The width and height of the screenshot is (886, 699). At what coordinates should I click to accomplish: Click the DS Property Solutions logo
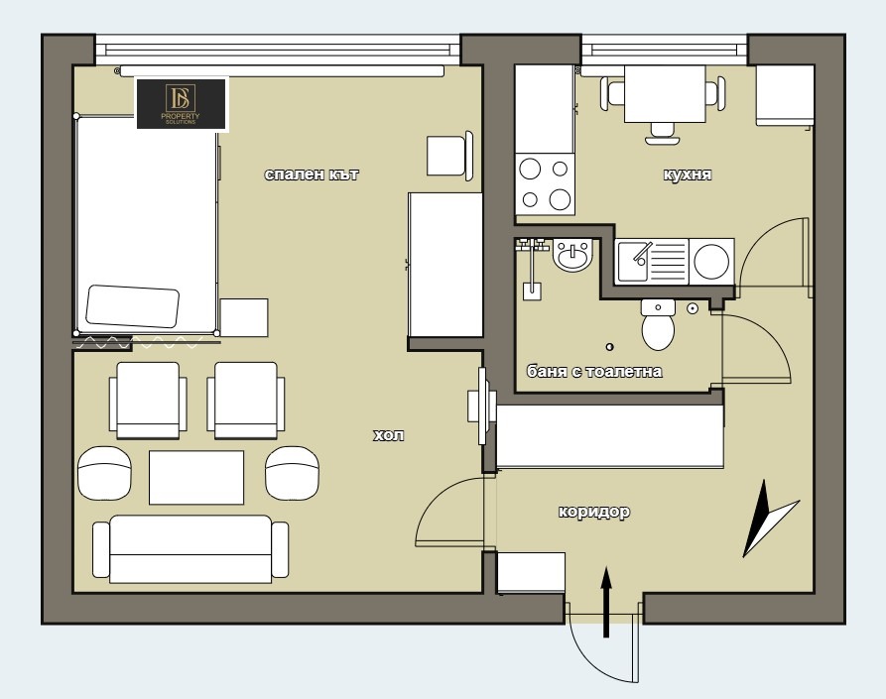click(182, 104)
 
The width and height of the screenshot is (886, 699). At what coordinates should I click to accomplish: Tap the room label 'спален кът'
click(312, 174)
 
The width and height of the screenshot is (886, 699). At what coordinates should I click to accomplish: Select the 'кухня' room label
click(688, 174)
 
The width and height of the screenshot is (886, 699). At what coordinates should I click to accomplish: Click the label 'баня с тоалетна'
click(594, 372)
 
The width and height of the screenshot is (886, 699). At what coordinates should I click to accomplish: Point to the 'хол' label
click(389, 435)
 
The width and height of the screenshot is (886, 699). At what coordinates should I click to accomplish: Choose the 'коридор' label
click(594, 512)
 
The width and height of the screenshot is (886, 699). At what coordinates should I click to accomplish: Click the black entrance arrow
click(606, 602)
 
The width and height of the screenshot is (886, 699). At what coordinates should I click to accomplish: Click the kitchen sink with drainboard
click(652, 261)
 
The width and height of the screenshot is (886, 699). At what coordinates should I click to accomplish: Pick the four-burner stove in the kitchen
click(546, 184)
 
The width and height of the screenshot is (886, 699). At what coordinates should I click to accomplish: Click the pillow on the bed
click(132, 306)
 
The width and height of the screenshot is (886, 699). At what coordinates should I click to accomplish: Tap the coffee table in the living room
click(196, 477)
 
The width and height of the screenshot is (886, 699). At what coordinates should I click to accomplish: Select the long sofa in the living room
click(190, 549)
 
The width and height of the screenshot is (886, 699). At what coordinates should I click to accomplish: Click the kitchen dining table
click(665, 94)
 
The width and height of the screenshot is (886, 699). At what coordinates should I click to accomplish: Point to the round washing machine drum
click(711, 262)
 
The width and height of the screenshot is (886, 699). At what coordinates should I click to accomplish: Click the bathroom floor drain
click(609, 347)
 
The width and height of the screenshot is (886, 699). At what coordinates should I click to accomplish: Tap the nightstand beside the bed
click(244, 318)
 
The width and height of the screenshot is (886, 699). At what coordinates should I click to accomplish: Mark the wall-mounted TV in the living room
click(482, 407)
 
